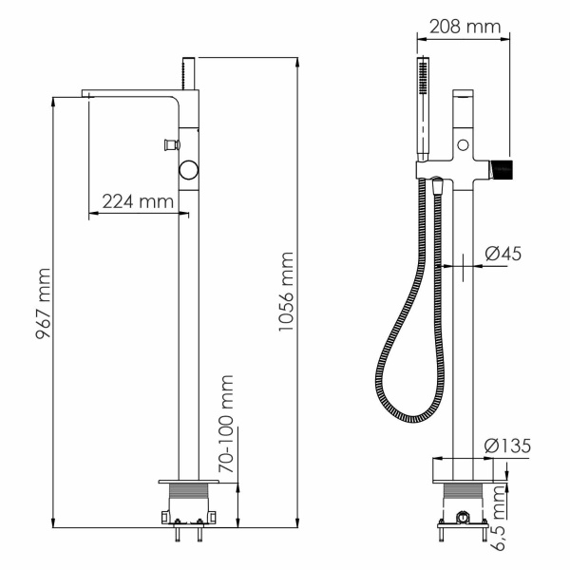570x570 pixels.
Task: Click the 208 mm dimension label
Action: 464,27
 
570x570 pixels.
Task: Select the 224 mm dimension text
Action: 138,201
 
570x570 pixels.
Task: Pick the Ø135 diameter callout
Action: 505,445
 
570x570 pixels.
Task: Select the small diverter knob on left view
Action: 171,144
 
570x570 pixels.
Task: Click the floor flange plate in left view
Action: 192,477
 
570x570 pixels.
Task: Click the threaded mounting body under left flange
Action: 192,498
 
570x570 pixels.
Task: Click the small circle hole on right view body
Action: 463,145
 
